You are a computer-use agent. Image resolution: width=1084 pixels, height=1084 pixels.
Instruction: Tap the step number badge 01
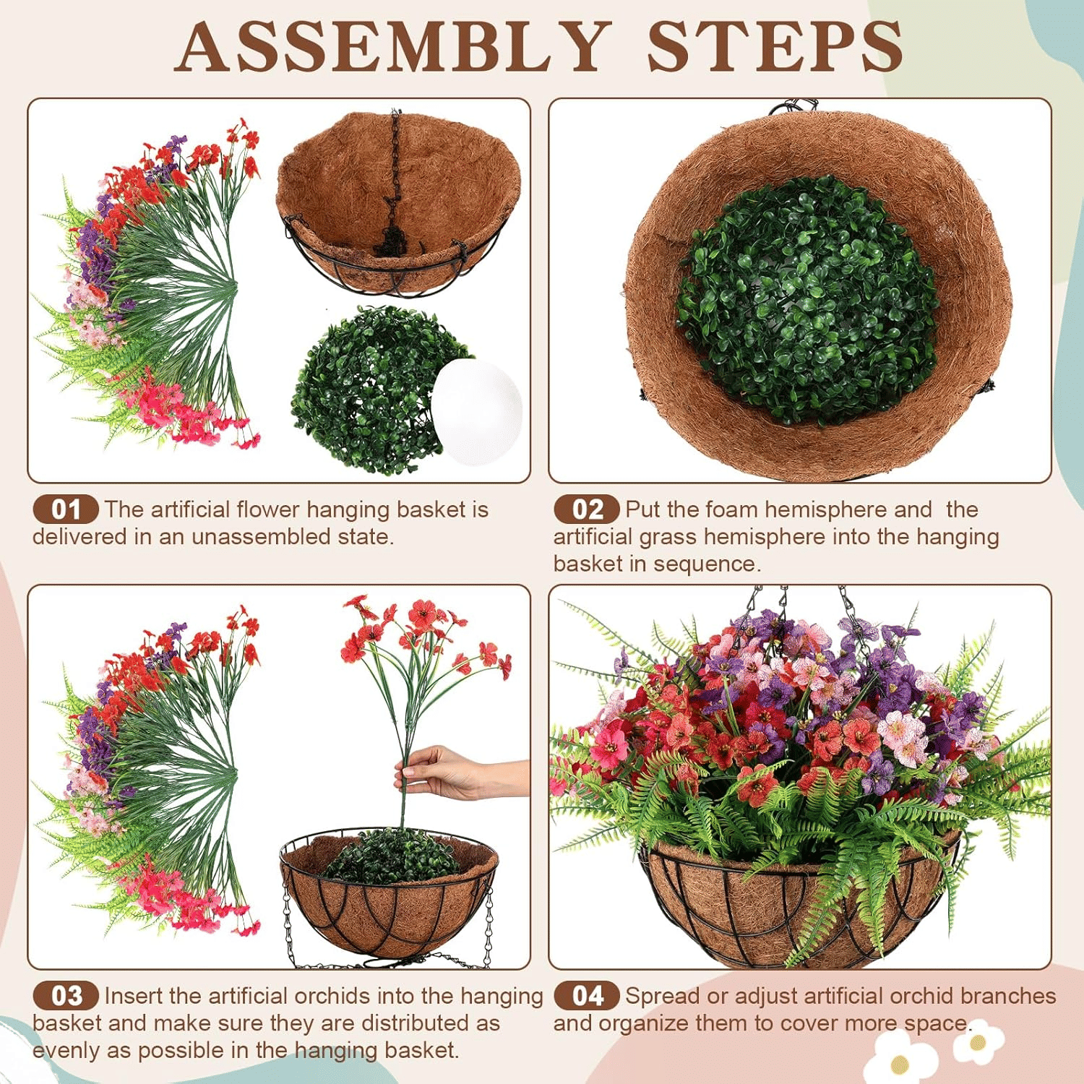[x=65, y=509]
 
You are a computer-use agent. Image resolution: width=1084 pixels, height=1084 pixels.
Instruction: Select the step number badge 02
[x=586, y=509]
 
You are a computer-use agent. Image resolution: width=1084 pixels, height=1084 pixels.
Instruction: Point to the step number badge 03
[x=65, y=996]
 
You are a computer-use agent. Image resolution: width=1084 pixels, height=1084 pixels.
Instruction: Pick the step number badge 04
[x=586, y=996]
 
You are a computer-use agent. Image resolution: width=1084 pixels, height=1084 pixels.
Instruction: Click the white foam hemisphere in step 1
[x=478, y=412]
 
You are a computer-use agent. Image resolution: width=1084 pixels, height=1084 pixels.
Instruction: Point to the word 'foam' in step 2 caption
[x=734, y=509]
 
